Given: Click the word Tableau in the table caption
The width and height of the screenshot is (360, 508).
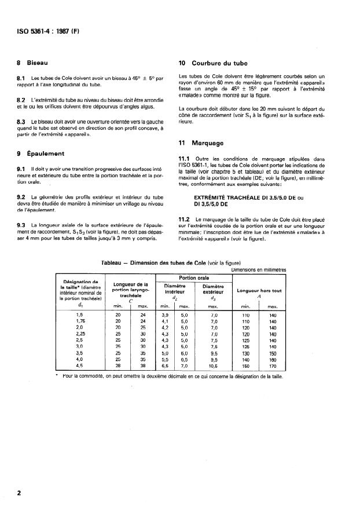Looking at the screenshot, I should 112,262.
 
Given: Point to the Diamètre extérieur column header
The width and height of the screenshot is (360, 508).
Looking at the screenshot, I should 214,288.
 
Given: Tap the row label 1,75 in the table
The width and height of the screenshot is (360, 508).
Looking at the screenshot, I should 80,321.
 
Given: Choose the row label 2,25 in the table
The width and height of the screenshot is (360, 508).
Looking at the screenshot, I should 80,334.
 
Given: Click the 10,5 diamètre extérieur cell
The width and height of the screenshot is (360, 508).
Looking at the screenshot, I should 214,366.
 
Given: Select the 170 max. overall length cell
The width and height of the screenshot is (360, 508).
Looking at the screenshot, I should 273,366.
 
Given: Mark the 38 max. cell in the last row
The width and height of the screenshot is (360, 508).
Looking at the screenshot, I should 144,366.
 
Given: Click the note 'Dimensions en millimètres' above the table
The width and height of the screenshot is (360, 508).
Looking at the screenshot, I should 258,269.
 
